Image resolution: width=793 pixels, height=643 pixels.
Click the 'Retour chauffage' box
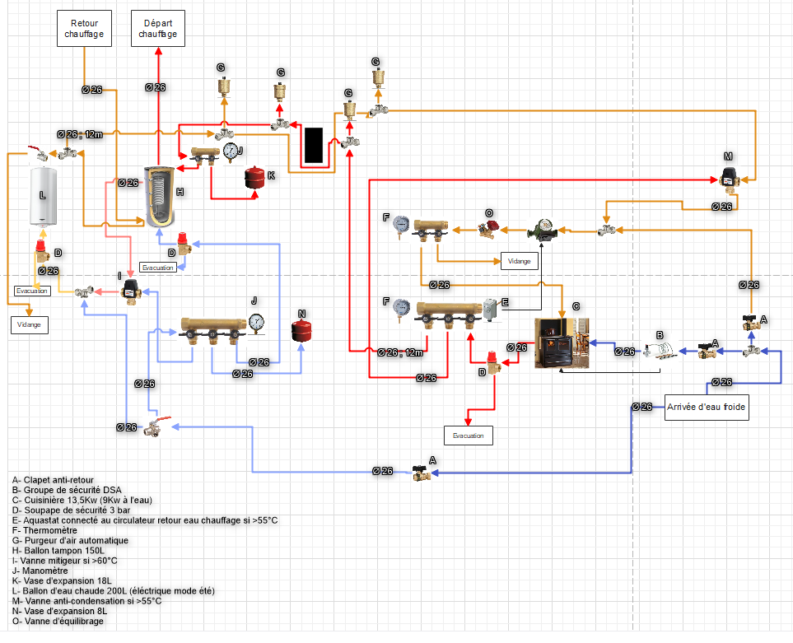point(86,30)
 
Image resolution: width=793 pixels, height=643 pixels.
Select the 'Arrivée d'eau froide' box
point(707,407)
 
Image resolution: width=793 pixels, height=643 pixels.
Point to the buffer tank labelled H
point(158,195)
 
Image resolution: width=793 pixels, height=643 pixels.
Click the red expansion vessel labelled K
point(255,178)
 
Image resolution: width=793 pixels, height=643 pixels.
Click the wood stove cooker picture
point(563,342)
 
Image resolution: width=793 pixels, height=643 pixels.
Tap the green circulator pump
point(542,231)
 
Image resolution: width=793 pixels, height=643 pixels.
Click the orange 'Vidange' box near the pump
point(520,260)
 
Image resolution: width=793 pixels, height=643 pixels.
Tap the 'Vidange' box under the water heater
point(30,325)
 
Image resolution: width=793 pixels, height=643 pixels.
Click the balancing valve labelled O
point(492,230)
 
